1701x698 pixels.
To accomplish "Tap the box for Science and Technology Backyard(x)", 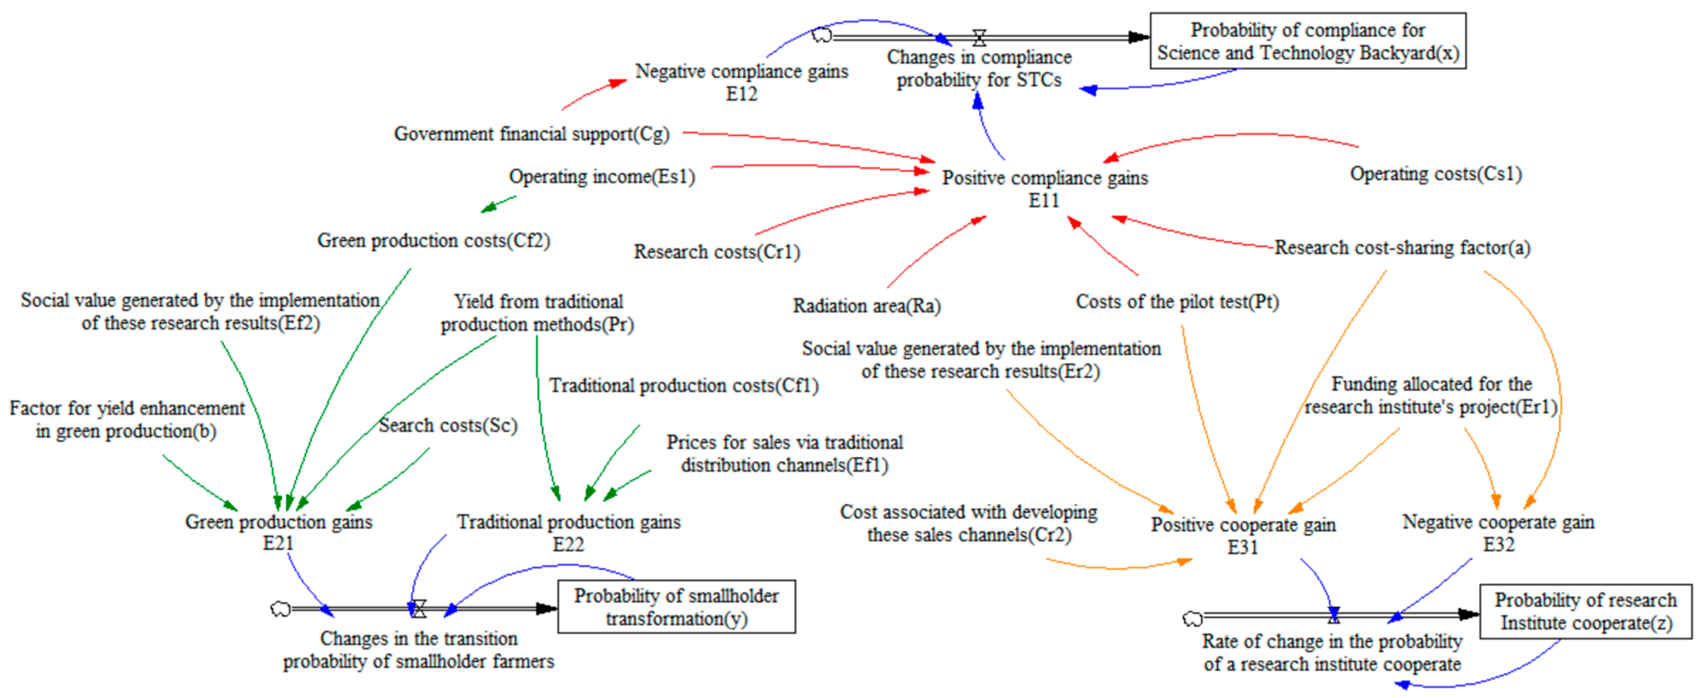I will [x=1307, y=41].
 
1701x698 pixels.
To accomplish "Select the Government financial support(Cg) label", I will [x=532, y=134].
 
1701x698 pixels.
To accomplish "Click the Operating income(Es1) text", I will [x=602, y=177].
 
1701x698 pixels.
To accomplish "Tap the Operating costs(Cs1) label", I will [x=1436, y=174].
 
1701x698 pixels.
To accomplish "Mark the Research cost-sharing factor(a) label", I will [x=1402, y=248].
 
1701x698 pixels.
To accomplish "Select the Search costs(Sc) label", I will [x=448, y=426].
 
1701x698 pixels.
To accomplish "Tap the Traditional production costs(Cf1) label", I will [x=683, y=386].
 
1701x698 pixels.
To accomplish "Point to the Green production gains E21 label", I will [x=279, y=532].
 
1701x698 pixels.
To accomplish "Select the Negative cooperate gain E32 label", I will [x=1498, y=533].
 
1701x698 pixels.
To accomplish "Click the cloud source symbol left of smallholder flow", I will [x=281, y=608].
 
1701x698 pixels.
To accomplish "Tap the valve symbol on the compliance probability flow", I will [x=979, y=38].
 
